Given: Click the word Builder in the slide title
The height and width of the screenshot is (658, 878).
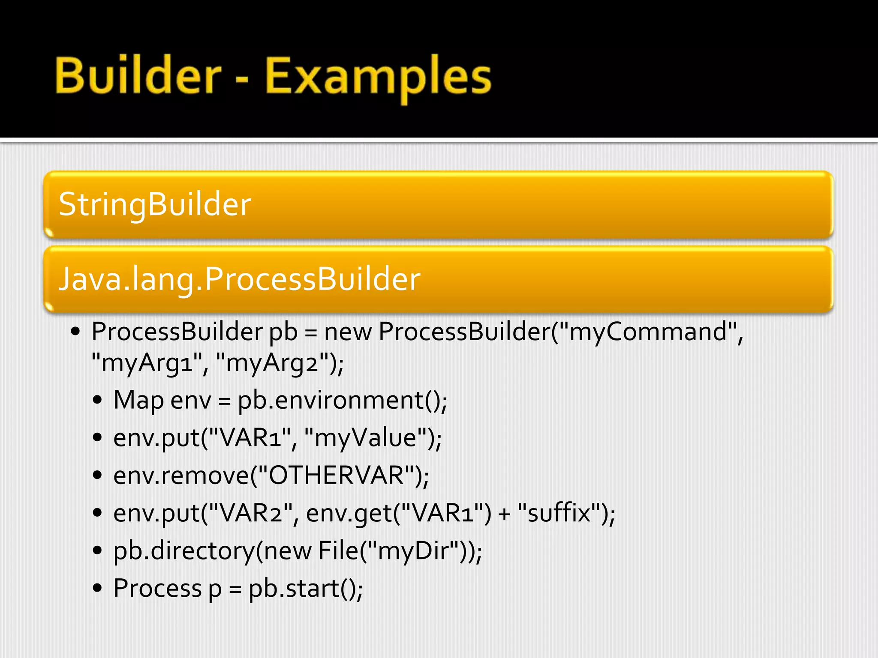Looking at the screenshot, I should pos(138,76).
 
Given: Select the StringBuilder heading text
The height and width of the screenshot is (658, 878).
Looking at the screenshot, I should pos(155,204).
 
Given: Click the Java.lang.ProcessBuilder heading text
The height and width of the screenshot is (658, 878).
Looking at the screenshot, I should pos(239,279).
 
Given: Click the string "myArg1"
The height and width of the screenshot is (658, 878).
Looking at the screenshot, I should pos(147,363).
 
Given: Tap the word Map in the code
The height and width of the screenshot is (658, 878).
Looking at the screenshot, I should pos(138,401).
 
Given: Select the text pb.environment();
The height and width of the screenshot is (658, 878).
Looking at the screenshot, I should pos(342,401).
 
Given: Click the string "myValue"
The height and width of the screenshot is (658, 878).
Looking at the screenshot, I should pos(365,438).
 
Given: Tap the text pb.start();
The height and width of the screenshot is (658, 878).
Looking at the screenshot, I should pos(306,588).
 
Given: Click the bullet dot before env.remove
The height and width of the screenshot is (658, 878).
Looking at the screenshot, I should pos(98,475).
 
